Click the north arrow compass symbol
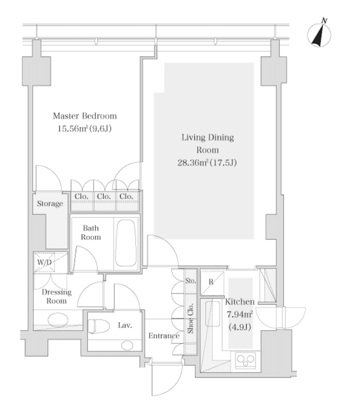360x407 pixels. (x=319, y=34)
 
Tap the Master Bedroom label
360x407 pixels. (x=85, y=116)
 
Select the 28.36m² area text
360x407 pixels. (x=193, y=163)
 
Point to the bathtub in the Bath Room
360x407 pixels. (x=126, y=243)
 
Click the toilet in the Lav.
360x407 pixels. (x=98, y=326)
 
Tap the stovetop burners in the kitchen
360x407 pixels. (x=246, y=360)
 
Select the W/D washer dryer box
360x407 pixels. (x=44, y=262)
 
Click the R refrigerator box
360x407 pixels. (x=212, y=283)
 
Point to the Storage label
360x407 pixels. (x=50, y=203)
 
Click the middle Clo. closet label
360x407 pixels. (x=104, y=197)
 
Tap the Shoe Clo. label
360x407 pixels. (x=191, y=318)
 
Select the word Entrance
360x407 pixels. (x=164, y=336)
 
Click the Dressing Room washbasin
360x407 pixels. (x=58, y=319)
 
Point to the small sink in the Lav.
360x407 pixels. (x=127, y=345)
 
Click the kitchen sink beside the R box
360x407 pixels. (x=213, y=314)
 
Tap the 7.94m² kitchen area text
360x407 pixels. (x=240, y=314)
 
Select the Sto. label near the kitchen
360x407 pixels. (x=191, y=281)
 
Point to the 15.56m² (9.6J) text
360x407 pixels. (x=84, y=129)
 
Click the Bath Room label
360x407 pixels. (x=91, y=233)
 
